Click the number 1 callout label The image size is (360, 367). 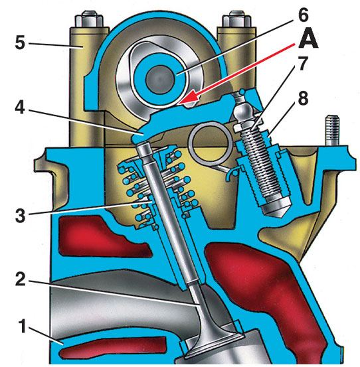[23, 327]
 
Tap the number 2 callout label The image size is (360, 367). [21, 279]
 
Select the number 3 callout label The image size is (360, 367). [20, 215]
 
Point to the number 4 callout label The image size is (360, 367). [20, 108]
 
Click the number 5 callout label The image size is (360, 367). [20, 42]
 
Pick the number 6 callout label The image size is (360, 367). [304, 15]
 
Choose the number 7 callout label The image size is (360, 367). [303, 64]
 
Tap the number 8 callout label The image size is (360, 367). [303, 98]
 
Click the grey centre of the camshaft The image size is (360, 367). [160, 78]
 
